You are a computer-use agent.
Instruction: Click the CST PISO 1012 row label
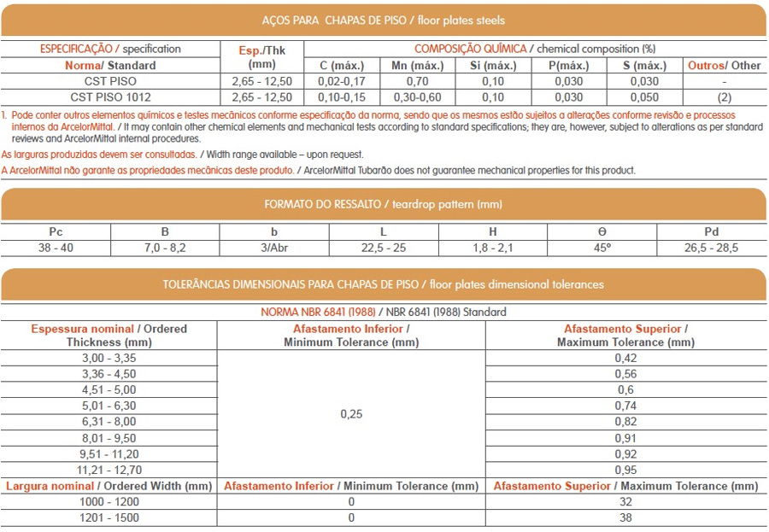point(109,97)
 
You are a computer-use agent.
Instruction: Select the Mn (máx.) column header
point(416,65)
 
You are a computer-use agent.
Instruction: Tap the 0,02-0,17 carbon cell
point(341,81)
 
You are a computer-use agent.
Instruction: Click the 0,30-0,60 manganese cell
point(416,97)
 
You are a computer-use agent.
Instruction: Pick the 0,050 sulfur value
point(645,97)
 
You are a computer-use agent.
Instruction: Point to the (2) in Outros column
point(724,97)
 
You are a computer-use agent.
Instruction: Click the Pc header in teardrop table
point(56,232)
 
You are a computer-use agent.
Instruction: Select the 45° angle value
point(602,248)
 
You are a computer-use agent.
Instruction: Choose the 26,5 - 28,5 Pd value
point(711,248)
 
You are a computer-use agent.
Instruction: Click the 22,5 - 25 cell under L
point(383,248)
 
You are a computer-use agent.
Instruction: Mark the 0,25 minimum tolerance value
point(351,413)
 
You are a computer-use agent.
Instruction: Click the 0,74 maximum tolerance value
point(625,406)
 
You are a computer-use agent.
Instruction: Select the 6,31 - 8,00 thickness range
point(109,422)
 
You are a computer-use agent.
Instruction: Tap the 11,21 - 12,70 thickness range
point(109,470)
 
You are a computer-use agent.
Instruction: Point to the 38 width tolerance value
point(625,517)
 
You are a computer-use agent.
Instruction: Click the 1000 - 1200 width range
point(109,502)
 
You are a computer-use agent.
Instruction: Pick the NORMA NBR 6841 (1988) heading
point(318,312)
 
